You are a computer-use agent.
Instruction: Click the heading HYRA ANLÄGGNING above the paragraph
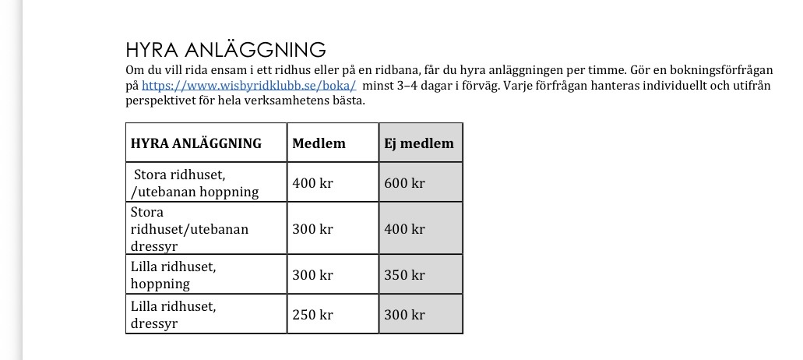click(x=225, y=51)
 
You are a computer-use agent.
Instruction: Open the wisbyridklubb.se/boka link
click(x=249, y=86)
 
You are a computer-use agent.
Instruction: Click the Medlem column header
click(x=319, y=143)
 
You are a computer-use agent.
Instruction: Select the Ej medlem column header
click(x=418, y=143)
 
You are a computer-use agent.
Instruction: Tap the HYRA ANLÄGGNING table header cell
click(x=196, y=143)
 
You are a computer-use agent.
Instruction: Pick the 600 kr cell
click(x=404, y=184)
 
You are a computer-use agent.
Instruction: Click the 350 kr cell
click(x=404, y=275)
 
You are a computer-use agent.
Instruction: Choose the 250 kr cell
click(x=312, y=315)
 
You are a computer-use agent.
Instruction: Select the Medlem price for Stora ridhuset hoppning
click(x=312, y=184)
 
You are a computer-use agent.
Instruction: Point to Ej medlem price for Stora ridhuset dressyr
click(x=404, y=229)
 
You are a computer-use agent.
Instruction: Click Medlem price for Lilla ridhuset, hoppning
click(x=312, y=275)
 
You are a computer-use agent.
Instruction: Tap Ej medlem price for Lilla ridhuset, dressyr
click(x=404, y=315)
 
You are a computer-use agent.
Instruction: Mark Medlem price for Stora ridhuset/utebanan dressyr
click(x=312, y=229)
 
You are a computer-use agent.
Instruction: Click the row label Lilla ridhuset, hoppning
click(x=174, y=275)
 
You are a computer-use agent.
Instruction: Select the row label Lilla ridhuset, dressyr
click(x=174, y=315)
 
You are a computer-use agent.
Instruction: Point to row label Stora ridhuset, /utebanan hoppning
click(x=195, y=184)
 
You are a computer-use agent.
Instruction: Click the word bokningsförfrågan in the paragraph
click(x=719, y=71)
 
